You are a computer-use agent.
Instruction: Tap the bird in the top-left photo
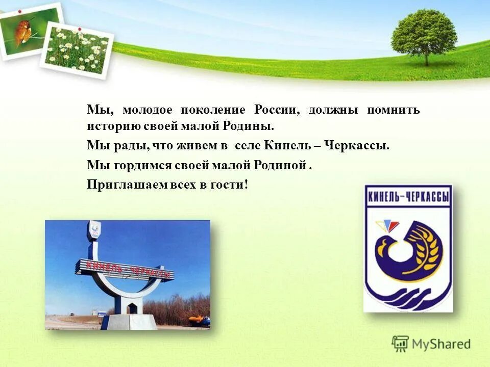tap(23, 31)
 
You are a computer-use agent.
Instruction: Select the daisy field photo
tap(78, 50)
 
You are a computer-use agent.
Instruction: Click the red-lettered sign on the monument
tap(125, 269)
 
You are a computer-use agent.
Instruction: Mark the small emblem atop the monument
tap(93, 231)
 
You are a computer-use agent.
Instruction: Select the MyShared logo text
tap(441, 345)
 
